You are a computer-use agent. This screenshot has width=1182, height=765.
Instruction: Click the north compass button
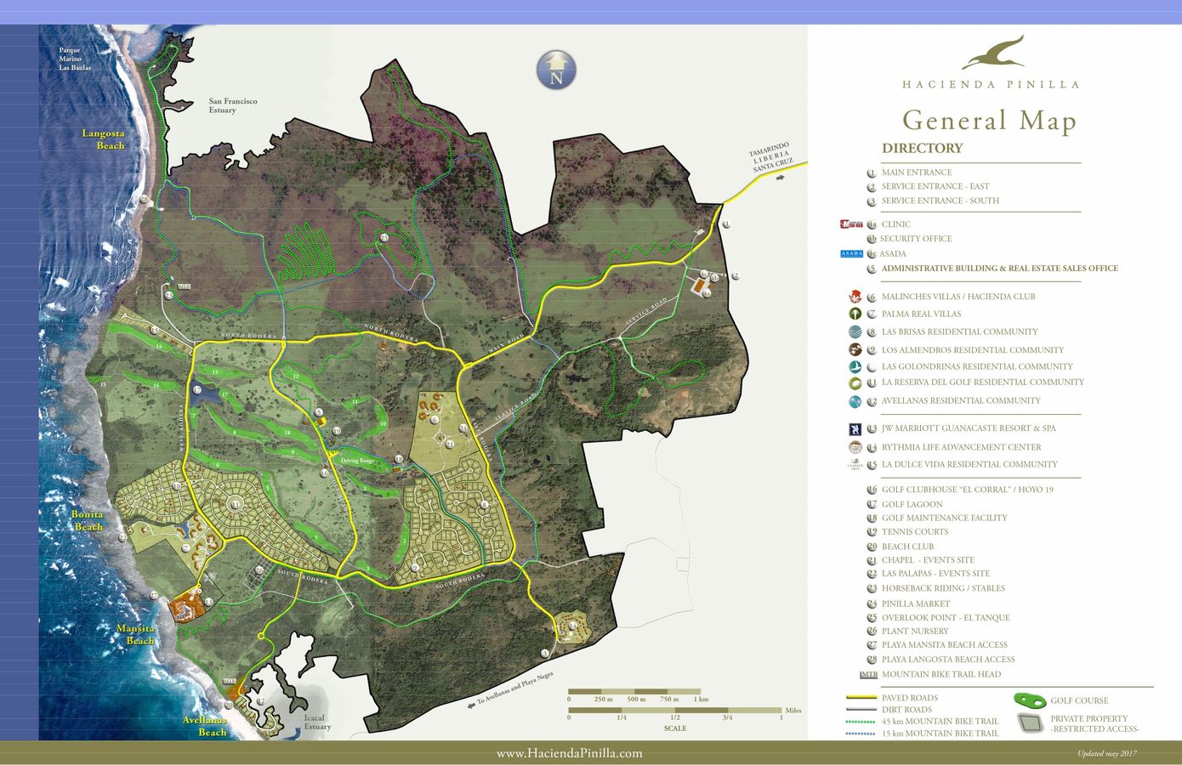click(556, 70)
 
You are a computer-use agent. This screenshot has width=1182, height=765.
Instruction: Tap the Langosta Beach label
click(104, 139)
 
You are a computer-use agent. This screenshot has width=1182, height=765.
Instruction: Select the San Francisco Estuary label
click(232, 105)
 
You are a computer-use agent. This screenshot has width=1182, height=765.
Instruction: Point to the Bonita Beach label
click(88, 520)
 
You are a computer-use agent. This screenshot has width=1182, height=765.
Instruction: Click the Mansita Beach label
click(136, 635)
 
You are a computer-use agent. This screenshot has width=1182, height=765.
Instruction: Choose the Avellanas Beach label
click(205, 726)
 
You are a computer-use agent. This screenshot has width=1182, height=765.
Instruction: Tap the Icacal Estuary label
click(317, 722)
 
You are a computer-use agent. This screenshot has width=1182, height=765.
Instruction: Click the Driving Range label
click(356, 461)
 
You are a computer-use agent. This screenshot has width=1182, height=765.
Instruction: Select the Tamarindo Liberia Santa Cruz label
click(771, 157)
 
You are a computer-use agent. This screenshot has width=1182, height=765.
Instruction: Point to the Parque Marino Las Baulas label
click(75, 59)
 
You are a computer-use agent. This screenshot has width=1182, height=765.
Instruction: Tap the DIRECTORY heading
click(922, 148)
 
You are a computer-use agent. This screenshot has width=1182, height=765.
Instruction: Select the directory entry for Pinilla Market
click(915, 603)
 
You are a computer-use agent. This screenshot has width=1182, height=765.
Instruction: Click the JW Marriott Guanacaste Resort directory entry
click(968, 428)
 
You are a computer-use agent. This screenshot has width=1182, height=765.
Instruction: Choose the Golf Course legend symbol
click(1030, 700)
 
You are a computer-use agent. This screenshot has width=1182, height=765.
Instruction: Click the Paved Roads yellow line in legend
click(861, 698)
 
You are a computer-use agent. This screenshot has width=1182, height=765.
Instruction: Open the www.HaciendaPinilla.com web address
click(569, 753)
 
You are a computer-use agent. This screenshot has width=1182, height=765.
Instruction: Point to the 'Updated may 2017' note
click(1106, 754)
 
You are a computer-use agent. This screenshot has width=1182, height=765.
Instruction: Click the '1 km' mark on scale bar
click(701, 699)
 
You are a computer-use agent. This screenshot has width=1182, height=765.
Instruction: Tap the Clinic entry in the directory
click(895, 224)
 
